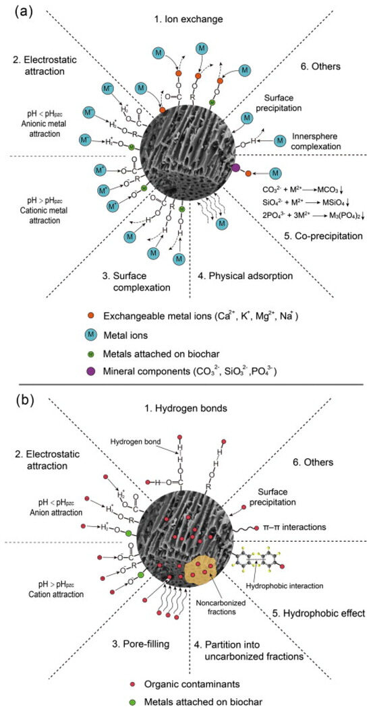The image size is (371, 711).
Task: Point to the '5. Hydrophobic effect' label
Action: coord(321,613)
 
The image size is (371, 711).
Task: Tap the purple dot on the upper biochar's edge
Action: coord(235,166)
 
